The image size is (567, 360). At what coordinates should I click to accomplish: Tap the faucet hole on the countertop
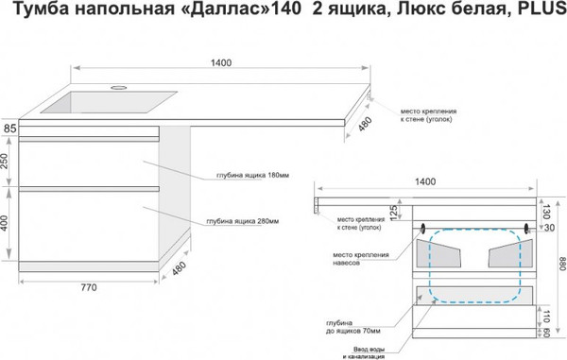pyautogui.click(x=119, y=86)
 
